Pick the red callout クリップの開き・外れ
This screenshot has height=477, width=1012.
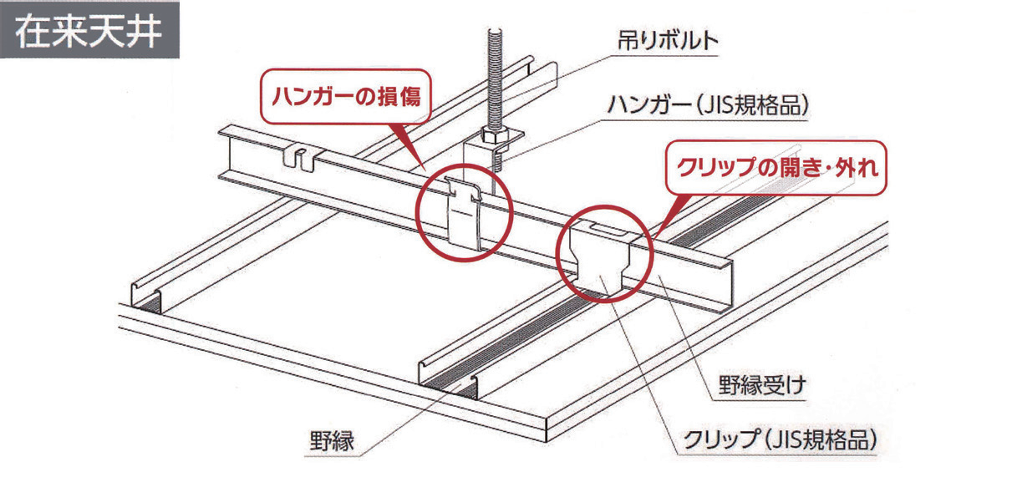tap(775, 168)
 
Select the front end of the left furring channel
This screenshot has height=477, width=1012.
tap(145, 296)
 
